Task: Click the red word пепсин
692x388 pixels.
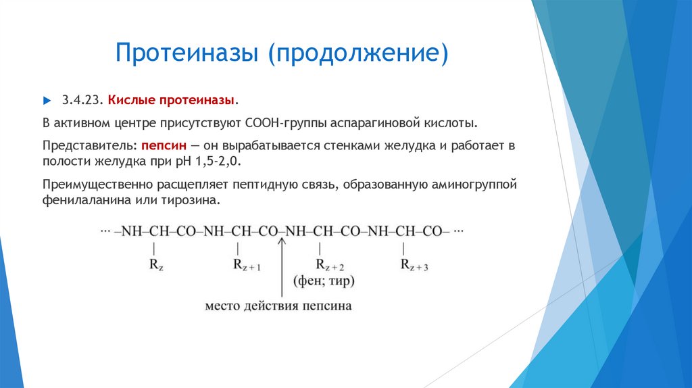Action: click(x=164, y=145)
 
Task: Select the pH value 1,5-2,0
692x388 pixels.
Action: click(x=218, y=162)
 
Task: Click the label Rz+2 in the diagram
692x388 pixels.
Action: click(x=330, y=264)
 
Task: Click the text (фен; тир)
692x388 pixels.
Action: click(x=324, y=281)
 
